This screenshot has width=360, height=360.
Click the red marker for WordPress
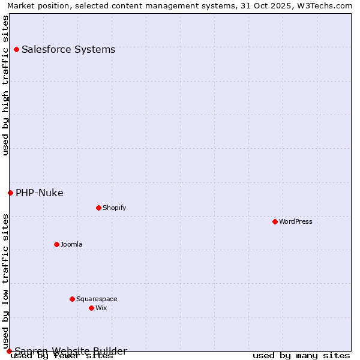tap(275, 221)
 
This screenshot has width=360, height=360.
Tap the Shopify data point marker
tap(98, 208)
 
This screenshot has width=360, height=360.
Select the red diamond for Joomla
tap(56, 244)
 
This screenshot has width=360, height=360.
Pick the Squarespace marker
tap(72, 299)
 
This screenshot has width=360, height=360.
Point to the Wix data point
tap(91, 308)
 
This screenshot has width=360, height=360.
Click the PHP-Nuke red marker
tap(10, 193)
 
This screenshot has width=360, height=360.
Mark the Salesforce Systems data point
tap(16, 49)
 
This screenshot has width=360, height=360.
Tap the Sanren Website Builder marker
tap(9, 351)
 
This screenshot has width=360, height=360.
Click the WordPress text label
tap(296, 221)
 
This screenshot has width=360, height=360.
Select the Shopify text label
tap(114, 208)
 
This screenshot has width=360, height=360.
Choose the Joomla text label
tap(71, 244)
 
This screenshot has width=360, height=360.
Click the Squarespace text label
tap(97, 299)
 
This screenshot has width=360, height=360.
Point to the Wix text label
tap(101, 308)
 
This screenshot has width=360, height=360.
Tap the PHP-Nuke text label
tap(40, 193)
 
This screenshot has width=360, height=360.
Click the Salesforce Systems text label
tap(68, 49)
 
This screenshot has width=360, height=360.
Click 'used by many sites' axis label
tap(301, 355)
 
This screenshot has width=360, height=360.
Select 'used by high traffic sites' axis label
tap(6, 86)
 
